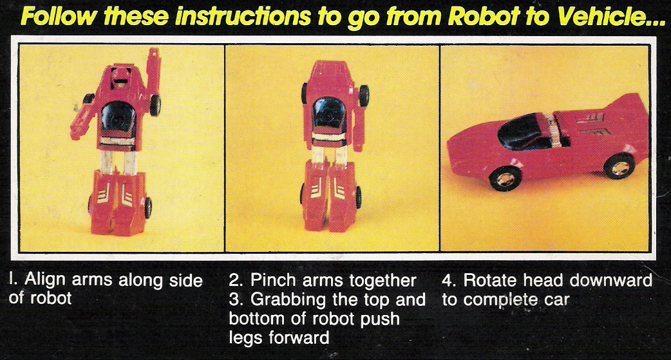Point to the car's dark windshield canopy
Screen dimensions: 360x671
click(525, 129)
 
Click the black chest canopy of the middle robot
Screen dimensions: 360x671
click(329, 113)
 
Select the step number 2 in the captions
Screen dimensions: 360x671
click(234, 281)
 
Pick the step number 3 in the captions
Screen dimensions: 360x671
click(234, 300)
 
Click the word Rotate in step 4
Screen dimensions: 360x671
click(493, 281)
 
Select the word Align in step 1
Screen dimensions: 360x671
click(41, 281)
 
